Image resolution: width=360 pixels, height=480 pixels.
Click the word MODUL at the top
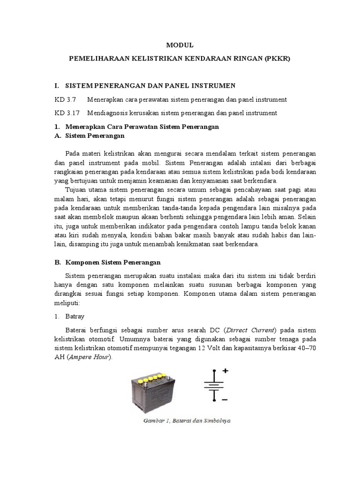click(x=180, y=45)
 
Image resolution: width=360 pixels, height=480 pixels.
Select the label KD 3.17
click(x=66, y=113)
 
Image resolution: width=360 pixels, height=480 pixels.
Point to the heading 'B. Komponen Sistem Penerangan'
click(x=112, y=262)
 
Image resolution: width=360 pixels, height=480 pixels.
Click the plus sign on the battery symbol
click(x=225, y=370)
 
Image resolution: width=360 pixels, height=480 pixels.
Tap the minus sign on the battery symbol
click(x=225, y=400)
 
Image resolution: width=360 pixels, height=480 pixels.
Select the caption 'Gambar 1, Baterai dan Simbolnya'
click(x=187, y=420)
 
